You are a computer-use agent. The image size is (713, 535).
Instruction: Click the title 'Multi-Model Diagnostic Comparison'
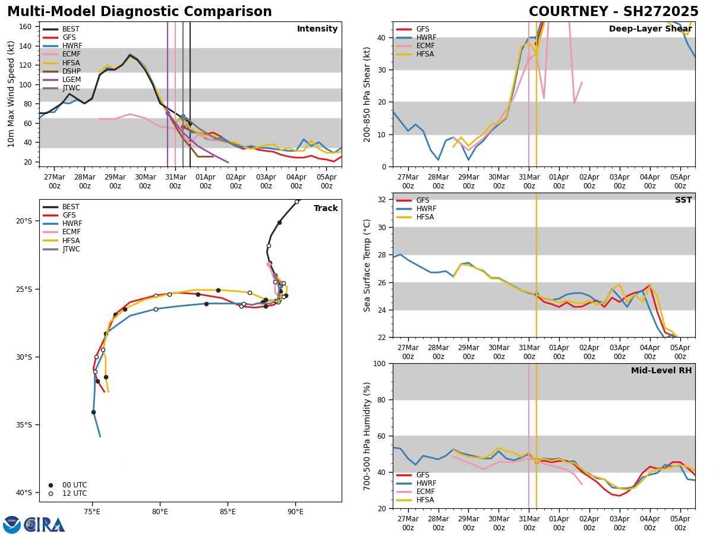[x=140, y=12]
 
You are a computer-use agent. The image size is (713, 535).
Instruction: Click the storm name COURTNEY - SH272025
[x=613, y=12]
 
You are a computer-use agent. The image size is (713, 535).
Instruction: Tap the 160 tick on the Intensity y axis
[x=24, y=27]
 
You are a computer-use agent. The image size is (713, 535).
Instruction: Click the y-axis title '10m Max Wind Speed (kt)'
[x=12, y=94]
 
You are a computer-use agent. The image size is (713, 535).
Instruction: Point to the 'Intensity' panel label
[x=317, y=29]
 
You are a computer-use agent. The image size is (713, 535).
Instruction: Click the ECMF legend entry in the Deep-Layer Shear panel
[x=422, y=46]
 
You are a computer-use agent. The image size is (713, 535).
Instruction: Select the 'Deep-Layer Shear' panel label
[x=650, y=29]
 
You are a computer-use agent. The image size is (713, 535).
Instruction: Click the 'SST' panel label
[x=683, y=200]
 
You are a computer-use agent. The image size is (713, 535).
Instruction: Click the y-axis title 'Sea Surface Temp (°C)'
[x=367, y=265]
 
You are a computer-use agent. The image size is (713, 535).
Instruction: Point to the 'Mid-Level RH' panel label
[x=661, y=371]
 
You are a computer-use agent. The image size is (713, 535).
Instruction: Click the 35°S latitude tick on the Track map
[x=24, y=425]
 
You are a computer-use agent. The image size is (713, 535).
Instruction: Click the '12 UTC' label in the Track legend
[x=74, y=493]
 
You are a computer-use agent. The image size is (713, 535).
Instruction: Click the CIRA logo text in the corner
[x=45, y=525]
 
